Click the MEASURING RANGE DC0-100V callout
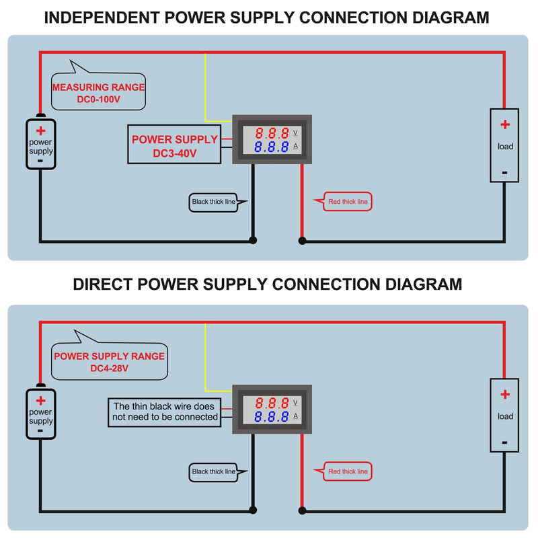[98, 91]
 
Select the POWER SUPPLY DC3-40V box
[174, 145]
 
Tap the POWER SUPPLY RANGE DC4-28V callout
[110, 361]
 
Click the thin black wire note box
[165, 412]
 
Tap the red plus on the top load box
[505, 124]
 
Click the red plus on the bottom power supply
[41, 400]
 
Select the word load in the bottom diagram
[506, 416]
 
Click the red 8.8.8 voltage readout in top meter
[272, 133]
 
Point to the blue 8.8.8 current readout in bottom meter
[272, 416]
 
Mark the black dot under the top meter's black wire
[254, 240]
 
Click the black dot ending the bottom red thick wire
[302, 510]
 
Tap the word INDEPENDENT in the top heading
[102, 18]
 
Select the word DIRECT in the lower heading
[103, 284]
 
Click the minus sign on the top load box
[504, 173]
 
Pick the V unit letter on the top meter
[295, 132]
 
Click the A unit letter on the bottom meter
[295, 416]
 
